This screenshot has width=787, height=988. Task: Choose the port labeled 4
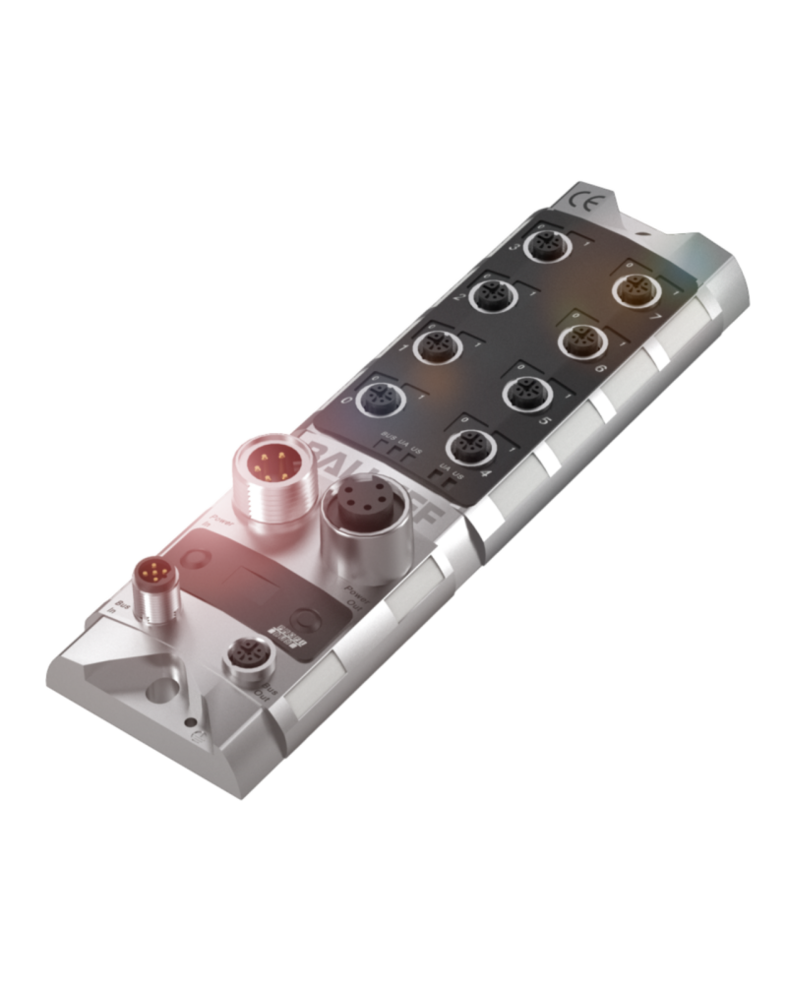tap(466, 443)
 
